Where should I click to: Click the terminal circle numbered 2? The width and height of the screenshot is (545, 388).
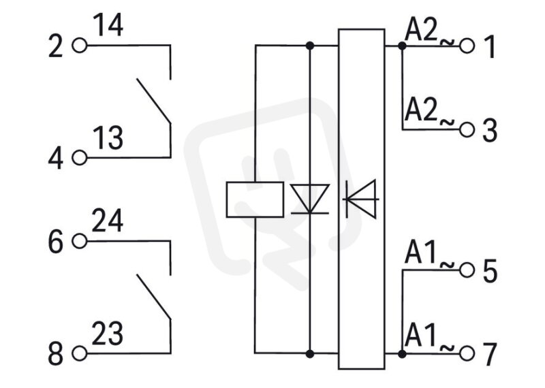tap(79, 46)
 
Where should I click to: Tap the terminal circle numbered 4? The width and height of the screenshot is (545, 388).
tap(79, 158)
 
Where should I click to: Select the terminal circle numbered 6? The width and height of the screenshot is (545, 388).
tap(79, 241)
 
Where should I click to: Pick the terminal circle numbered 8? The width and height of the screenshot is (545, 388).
tap(79, 353)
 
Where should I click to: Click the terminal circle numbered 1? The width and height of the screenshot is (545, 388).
tap(467, 46)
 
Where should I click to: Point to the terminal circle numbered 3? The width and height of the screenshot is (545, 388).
tap(467, 130)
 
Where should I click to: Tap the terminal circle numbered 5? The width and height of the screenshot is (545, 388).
tap(467, 270)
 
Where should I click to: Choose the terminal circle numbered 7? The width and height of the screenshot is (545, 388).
tap(467, 354)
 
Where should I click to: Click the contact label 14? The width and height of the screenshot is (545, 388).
tap(108, 25)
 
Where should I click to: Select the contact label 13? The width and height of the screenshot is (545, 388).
tap(108, 138)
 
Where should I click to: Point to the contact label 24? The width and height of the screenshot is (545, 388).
tap(108, 221)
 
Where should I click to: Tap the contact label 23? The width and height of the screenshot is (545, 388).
tap(108, 334)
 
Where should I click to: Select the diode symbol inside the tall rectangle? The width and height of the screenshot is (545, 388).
tap(361, 199)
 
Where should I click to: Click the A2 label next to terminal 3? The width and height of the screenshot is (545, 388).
tap(420, 110)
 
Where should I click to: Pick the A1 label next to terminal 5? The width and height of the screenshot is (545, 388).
tap(420, 251)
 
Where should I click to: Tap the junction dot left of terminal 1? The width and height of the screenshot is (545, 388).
tap(402, 46)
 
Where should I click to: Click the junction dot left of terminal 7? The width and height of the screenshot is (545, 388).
tap(402, 354)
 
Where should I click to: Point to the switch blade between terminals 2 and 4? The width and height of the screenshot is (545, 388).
tap(154, 101)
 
